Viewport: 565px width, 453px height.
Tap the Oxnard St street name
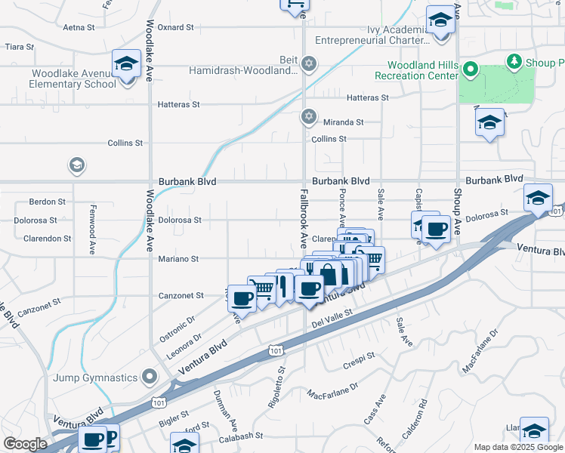click(176, 27)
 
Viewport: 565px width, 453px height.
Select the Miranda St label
click(344, 122)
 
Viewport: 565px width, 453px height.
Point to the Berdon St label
click(43, 202)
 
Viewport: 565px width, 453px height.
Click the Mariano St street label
click(178, 259)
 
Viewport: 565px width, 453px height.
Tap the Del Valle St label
click(332, 313)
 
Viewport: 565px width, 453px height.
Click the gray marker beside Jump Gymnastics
click(150, 376)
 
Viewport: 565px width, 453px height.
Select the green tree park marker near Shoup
click(514, 60)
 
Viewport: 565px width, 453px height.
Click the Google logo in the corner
click(25, 444)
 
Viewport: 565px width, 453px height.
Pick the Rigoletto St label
click(276, 388)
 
